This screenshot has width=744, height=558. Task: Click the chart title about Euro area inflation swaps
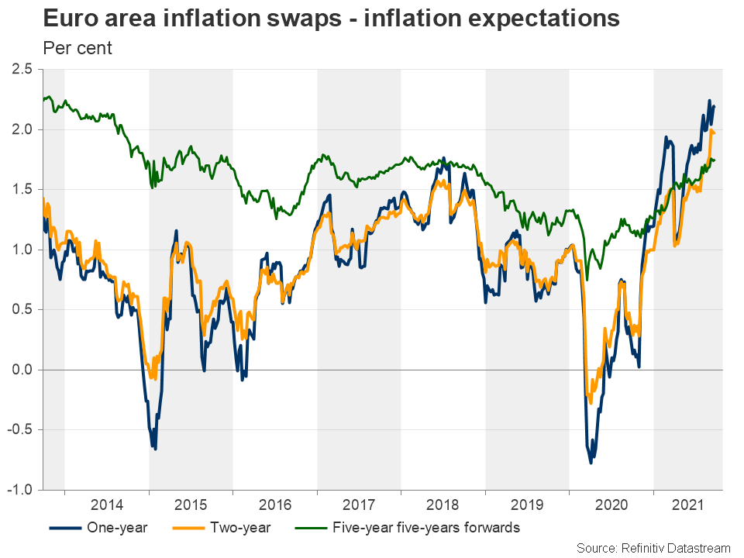click(x=331, y=19)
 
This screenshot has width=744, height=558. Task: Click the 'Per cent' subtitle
click(x=77, y=48)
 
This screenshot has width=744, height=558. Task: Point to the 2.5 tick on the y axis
click(x=22, y=70)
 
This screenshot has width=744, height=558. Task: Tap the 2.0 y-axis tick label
click(x=22, y=129)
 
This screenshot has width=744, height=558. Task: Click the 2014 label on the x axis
click(x=107, y=505)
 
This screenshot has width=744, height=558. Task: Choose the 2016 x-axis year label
click(x=275, y=505)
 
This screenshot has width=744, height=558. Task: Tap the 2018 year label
click(x=443, y=505)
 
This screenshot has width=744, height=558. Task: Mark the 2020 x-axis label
click(x=611, y=505)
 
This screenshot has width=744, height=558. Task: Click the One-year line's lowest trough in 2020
click(x=591, y=463)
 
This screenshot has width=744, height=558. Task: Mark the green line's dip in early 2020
click(x=587, y=279)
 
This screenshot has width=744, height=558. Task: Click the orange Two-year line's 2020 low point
click(x=591, y=402)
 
